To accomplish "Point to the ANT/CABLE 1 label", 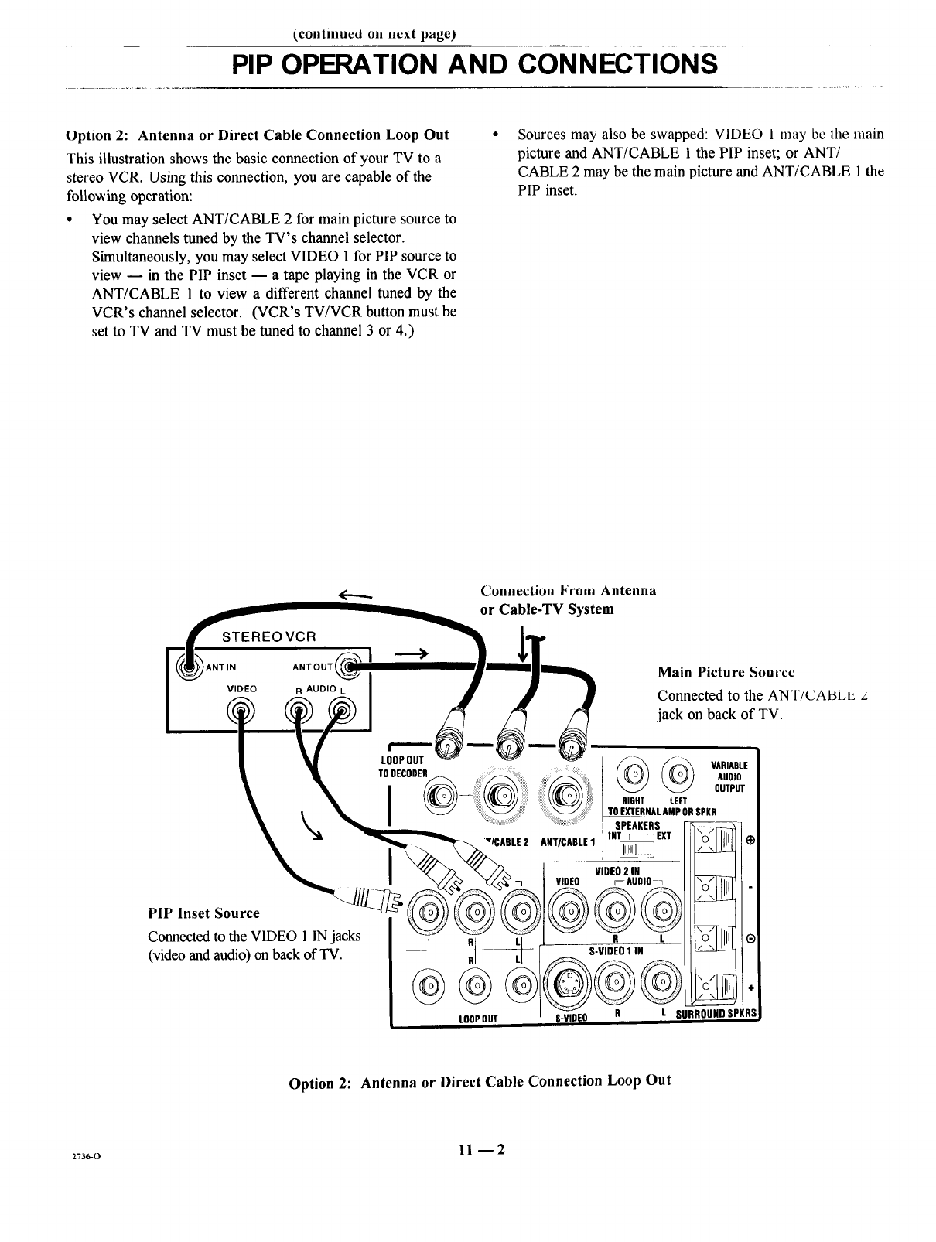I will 562,841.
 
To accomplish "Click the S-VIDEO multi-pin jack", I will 567,984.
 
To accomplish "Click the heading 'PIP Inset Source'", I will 203,913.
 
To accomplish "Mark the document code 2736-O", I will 84,1155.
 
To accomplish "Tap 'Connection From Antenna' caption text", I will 568,590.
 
